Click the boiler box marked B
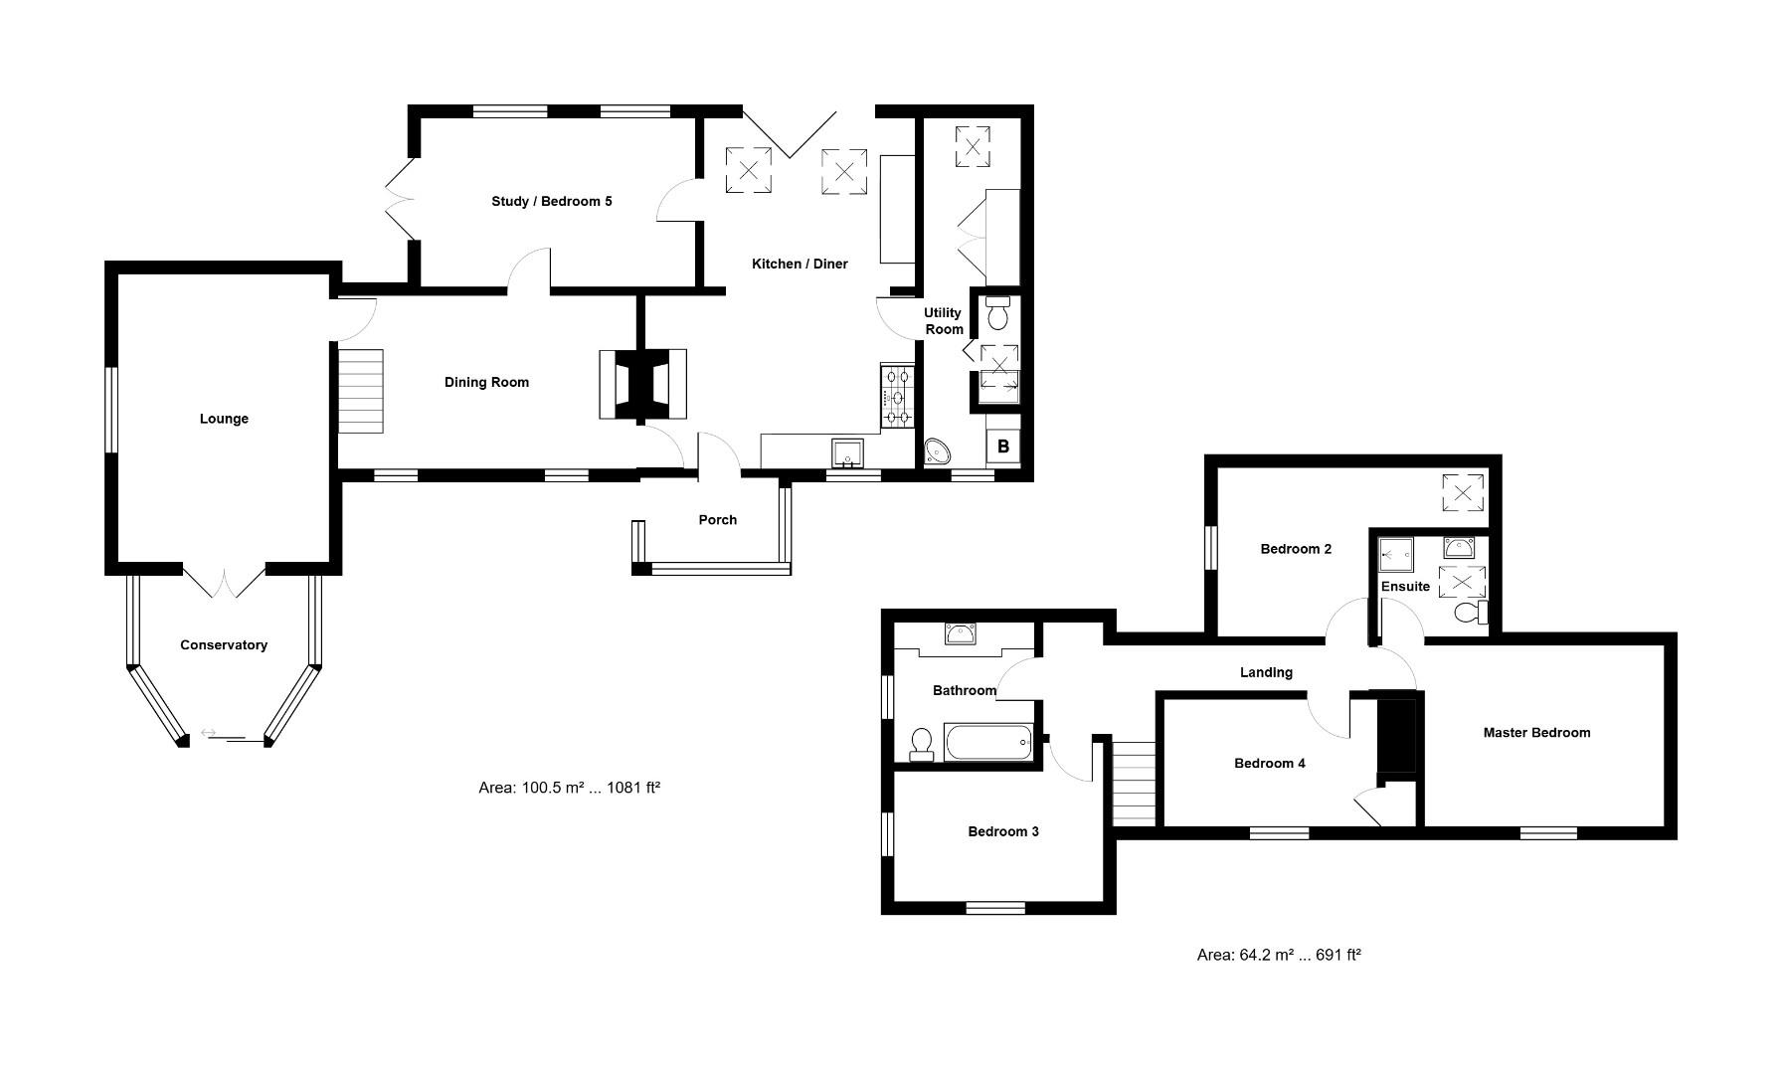pos(1002,447)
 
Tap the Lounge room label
pos(224,419)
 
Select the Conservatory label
pos(224,645)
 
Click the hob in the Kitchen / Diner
pos(897,397)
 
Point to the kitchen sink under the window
pos(847,452)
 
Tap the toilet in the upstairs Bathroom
pos(922,744)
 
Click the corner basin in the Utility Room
pos(938,453)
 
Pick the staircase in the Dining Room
pos(361,389)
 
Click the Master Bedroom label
pos(1536,733)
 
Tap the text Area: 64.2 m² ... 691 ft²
pos(1278,955)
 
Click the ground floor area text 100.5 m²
pos(570,788)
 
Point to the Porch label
pos(717,520)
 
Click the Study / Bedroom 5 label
pos(552,202)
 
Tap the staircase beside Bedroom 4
pos(1134,783)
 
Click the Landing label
pos(1266,673)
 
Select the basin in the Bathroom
pos(961,635)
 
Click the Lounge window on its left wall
pos(112,410)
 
